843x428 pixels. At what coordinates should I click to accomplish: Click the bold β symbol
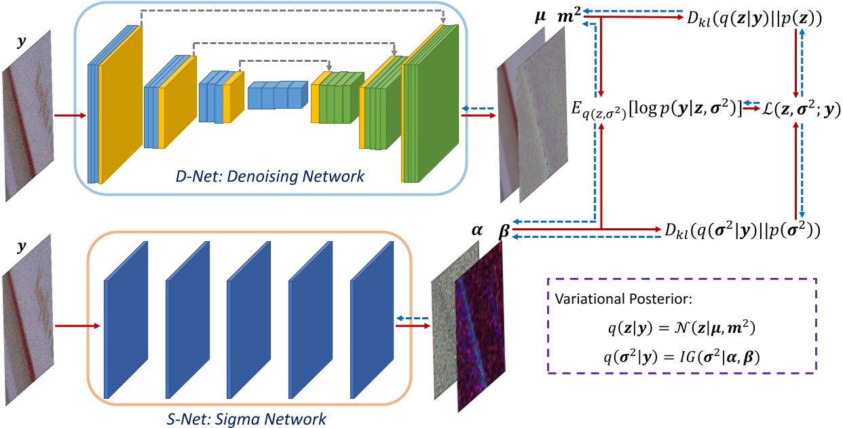click(504, 229)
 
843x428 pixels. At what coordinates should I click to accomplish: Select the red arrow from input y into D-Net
click(71, 115)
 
